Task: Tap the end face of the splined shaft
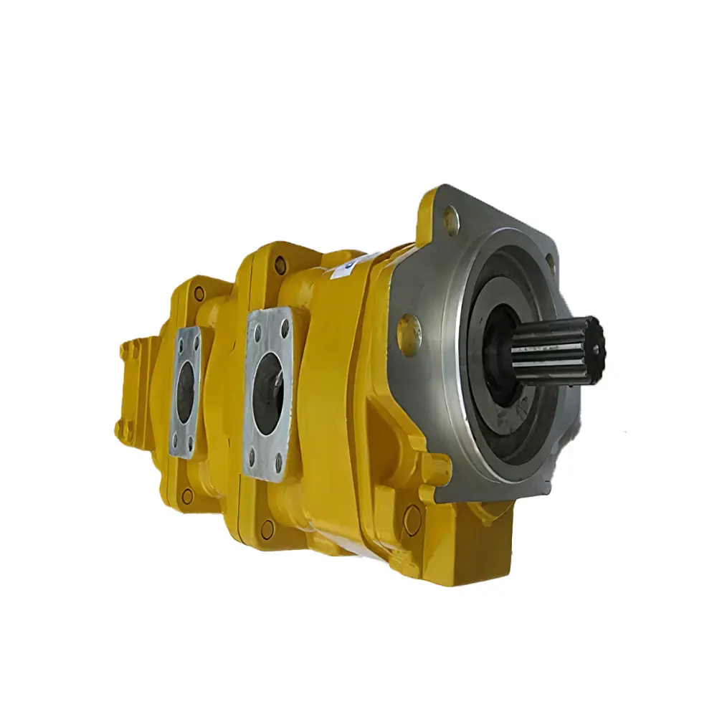click(594, 343)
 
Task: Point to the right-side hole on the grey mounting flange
click(551, 263)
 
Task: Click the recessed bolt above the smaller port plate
click(199, 293)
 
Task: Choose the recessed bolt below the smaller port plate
click(188, 495)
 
